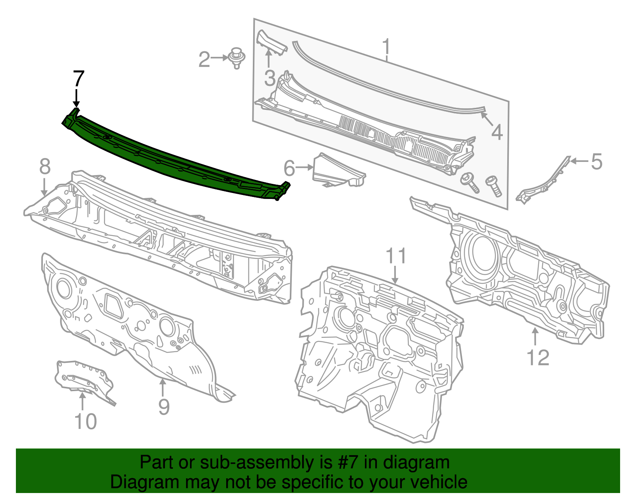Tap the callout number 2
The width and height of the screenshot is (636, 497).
click(204, 60)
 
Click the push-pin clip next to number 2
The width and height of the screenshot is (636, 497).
click(237, 58)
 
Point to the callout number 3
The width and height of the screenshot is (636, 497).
click(270, 78)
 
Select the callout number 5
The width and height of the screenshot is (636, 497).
click(596, 162)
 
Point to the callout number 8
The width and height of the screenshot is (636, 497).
click(45, 166)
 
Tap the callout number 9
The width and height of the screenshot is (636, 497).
click(163, 406)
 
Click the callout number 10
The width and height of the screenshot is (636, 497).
click(85, 421)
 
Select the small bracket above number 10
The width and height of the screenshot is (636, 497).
click(83, 378)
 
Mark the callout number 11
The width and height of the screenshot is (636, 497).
click(396, 256)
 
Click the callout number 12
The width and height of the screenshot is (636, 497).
click(538, 357)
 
